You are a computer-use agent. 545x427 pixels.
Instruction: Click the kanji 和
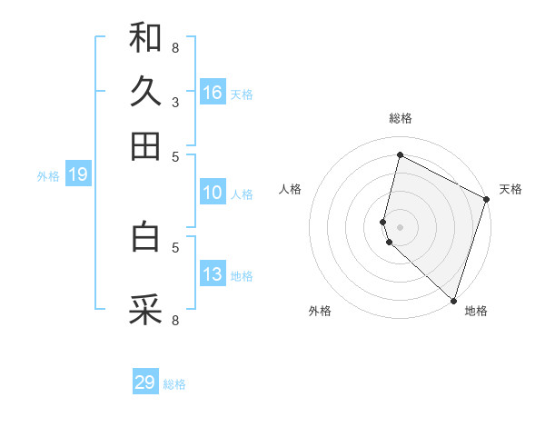145,37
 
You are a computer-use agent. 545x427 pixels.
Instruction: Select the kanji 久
145,92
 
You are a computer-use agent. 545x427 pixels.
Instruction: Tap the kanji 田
145,145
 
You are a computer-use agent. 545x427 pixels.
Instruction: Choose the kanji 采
145,310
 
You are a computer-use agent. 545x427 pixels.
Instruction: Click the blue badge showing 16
213,93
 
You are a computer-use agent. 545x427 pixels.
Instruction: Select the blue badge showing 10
213,193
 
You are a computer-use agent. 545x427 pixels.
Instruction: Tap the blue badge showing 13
213,274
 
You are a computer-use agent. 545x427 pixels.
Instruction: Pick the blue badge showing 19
77,174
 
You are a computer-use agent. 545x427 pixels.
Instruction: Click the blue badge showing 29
145,382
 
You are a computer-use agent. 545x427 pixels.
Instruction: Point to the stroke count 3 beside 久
175,102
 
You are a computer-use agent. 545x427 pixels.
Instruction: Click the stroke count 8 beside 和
175,47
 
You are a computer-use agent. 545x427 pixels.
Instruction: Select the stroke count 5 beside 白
175,246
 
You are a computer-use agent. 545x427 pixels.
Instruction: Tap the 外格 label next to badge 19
48,176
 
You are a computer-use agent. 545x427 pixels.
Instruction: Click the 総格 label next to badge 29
174,384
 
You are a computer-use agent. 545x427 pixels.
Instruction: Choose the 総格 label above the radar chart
400,118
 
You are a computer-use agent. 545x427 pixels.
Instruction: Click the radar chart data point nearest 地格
453,300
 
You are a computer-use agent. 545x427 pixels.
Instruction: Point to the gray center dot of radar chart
400,226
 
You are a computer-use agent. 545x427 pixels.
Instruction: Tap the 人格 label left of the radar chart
291,189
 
